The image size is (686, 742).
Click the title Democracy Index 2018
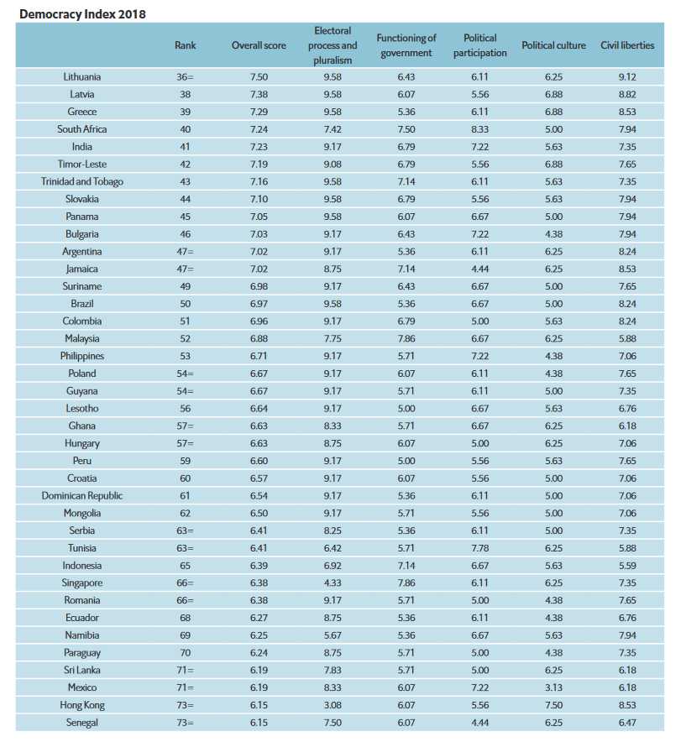[x=78, y=14]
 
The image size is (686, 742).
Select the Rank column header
[x=185, y=45]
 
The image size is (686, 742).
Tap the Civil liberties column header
[x=626, y=45]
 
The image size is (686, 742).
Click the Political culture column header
[x=553, y=45]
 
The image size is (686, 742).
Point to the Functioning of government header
[x=406, y=45]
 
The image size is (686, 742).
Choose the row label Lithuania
[x=82, y=77]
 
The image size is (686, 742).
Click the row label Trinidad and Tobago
[x=82, y=181]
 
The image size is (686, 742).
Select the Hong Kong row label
[x=82, y=704]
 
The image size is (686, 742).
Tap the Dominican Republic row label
[x=82, y=495]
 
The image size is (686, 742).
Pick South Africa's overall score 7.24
[x=259, y=129]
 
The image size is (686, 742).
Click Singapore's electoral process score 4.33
[x=333, y=583]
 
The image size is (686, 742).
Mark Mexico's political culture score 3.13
[x=553, y=687]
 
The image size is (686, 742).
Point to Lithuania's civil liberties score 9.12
[x=626, y=77]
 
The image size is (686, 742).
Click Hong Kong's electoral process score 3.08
[x=333, y=704]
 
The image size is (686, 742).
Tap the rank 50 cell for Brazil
[x=185, y=304]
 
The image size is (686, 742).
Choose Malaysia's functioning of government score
[x=406, y=338]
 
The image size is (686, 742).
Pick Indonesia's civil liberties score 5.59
[x=626, y=565]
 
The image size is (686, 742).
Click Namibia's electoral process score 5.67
[x=333, y=635]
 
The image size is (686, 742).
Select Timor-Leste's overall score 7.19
[x=259, y=165]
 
